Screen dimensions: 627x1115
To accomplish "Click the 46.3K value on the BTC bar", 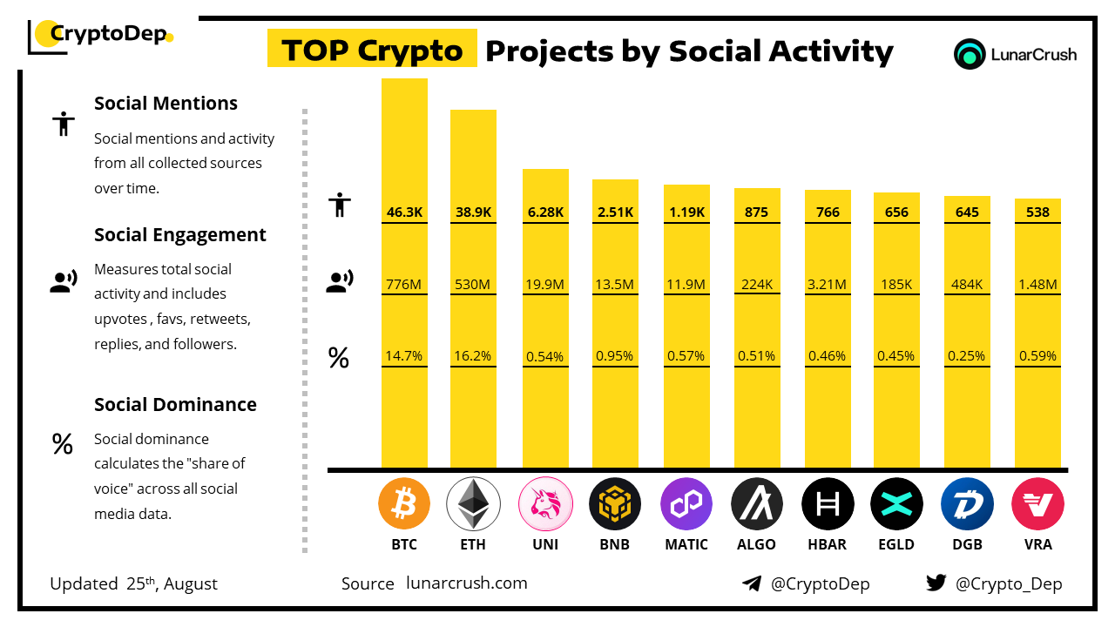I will tap(404, 212).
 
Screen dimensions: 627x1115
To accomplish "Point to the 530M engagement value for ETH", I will tap(473, 284).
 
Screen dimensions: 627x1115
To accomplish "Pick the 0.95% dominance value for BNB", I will tap(615, 355).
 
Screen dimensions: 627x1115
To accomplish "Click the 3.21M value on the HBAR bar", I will tap(828, 284).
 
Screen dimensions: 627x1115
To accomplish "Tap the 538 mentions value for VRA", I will tap(1037, 212).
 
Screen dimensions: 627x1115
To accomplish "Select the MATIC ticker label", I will tap(686, 545).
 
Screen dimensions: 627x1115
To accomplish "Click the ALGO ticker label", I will tap(757, 545).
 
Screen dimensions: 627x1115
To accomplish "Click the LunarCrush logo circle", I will tap(970, 54).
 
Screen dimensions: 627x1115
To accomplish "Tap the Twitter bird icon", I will tap(936, 583).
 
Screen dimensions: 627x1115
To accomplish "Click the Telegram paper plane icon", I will tap(752, 583).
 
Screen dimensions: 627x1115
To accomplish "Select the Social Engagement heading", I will tap(180, 235).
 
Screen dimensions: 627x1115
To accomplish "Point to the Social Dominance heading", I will tap(175, 404).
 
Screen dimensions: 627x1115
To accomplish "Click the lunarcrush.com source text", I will tap(467, 583).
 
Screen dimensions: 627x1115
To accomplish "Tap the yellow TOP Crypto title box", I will tap(372, 51).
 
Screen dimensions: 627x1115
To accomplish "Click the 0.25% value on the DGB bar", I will tap(967, 355).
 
